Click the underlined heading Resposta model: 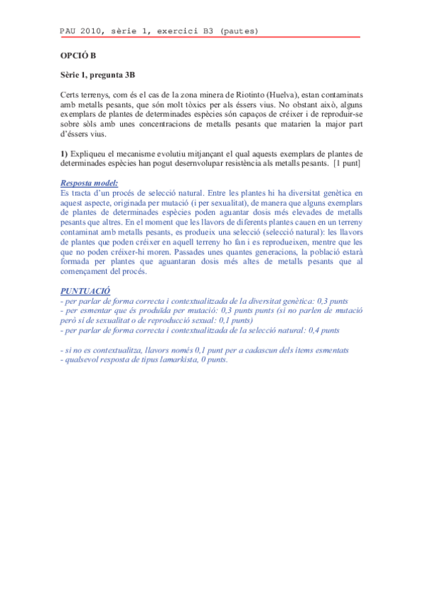tap(89, 182)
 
